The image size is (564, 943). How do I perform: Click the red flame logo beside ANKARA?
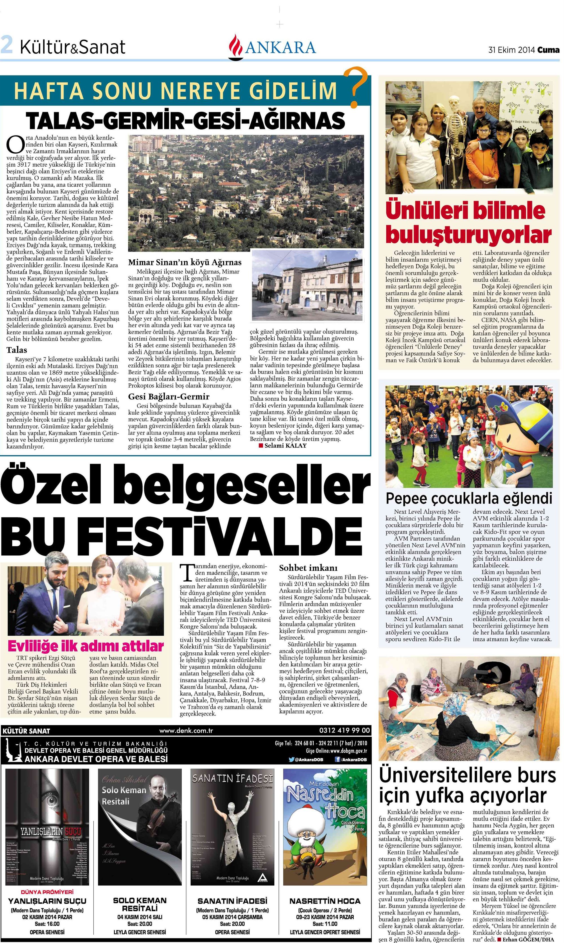(x=236, y=47)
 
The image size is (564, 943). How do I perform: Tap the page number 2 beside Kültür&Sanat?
(x=6, y=45)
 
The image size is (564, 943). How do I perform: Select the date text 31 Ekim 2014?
(x=512, y=50)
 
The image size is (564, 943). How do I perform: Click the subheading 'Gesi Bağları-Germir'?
(x=169, y=396)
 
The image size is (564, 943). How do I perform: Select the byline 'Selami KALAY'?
(x=285, y=446)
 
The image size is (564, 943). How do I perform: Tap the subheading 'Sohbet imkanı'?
(x=308, y=567)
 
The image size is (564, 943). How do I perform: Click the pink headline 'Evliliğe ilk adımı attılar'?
(x=85, y=646)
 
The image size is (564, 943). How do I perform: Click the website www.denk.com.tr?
(x=186, y=730)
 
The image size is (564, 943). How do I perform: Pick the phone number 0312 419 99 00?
(x=344, y=730)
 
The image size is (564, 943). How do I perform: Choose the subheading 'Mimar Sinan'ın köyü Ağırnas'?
(x=185, y=262)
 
